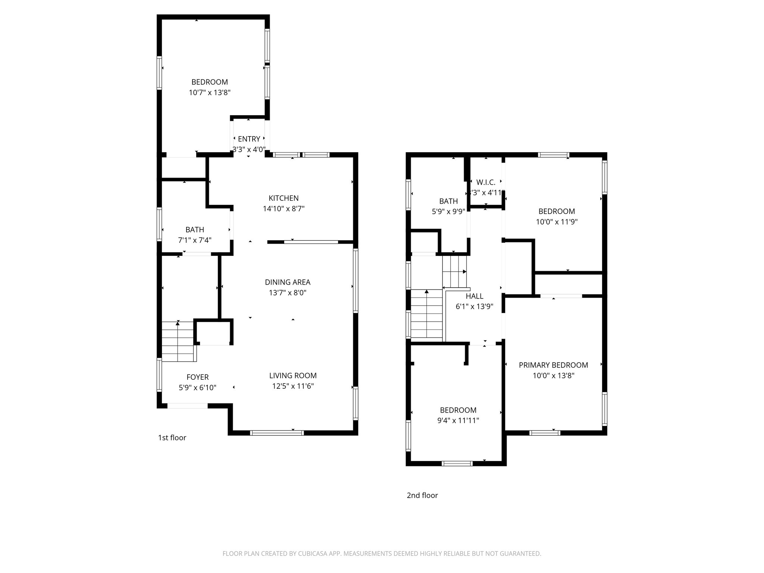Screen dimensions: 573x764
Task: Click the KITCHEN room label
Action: (284, 198)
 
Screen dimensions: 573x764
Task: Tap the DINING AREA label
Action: (287, 282)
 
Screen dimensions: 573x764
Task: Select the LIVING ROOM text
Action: (293, 376)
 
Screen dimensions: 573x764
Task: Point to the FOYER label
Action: (197, 377)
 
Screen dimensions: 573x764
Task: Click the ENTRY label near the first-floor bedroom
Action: (249, 139)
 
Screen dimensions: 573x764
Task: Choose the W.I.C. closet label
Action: (486, 182)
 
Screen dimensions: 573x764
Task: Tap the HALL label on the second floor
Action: (475, 296)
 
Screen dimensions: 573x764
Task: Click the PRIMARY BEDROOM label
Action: (553, 365)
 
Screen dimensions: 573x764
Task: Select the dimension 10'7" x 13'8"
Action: (210, 93)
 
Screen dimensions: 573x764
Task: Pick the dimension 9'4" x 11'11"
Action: (458, 420)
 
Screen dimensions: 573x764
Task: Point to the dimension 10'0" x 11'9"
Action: (557, 222)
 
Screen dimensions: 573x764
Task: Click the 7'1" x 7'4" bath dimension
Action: (195, 240)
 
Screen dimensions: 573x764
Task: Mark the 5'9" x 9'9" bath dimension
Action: (448, 212)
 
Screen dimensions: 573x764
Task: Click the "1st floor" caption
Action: (172, 438)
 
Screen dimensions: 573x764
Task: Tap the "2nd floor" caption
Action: (422, 495)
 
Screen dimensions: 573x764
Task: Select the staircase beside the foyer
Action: (178, 341)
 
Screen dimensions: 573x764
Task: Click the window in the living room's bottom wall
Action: (277, 433)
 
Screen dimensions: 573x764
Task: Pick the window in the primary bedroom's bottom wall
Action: (545, 433)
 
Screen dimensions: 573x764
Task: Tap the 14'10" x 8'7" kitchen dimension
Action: (284, 209)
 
